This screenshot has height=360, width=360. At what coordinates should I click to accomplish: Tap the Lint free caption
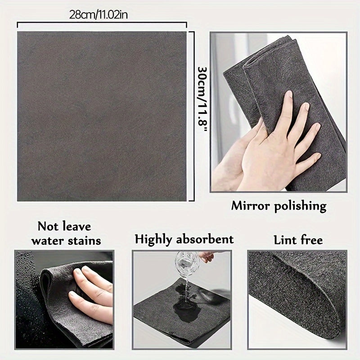click(x=298, y=239)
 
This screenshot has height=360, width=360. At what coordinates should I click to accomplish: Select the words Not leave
click(x=64, y=225)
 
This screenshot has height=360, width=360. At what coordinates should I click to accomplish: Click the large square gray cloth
click(x=102, y=116)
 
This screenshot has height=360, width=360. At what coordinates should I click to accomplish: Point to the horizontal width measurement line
click(x=102, y=26)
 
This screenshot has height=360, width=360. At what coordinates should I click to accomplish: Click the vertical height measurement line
click(x=193, y=116)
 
